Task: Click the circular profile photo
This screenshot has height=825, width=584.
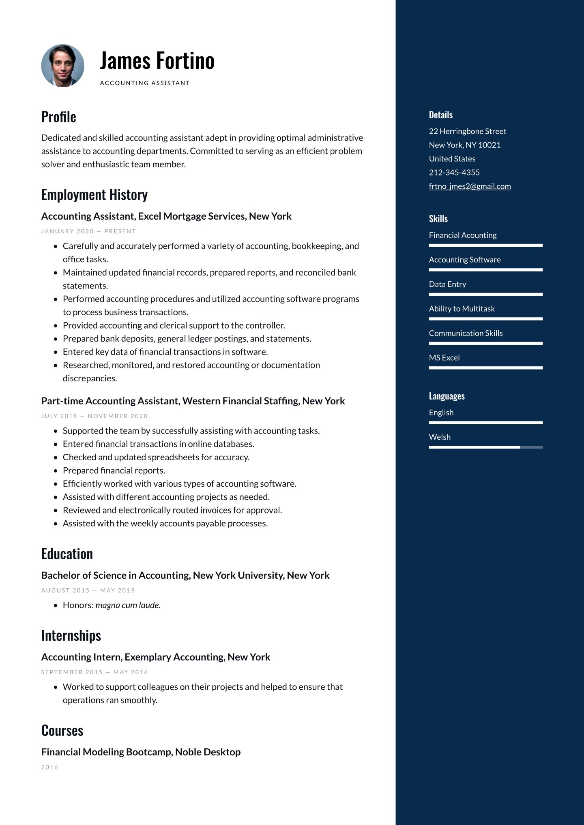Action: click(63, 66)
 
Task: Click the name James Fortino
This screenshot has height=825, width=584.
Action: click(157, 61)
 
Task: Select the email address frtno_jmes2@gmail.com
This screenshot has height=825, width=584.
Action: click(470, 186)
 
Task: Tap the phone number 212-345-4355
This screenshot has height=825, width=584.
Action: click(454, 173)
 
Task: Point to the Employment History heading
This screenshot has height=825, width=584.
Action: click(94, 195)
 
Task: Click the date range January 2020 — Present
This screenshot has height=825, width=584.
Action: click(88, 231)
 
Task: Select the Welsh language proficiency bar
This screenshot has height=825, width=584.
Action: click(485, 447)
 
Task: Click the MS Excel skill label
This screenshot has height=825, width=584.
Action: click(444, 358)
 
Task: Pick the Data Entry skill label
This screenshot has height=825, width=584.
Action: click(447, 284)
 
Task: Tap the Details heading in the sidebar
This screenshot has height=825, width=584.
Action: click(440, 115)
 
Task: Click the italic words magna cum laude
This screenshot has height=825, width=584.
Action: click(128, 605)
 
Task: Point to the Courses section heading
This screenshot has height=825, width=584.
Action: click(62, 731)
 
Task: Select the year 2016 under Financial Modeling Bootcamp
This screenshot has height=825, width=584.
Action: click(49, 767)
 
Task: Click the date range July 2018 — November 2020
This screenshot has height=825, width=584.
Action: click(94, 416)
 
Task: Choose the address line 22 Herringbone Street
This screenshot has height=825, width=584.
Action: click(467, 131)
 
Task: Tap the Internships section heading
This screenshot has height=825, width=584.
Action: click(71, 636)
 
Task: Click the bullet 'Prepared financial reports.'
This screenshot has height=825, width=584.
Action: click(114, 470)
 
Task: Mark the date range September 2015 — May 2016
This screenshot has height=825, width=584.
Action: click(94, 672)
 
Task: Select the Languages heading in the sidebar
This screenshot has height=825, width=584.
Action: click(447, 396)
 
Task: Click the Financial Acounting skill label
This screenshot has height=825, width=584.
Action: click(462, 235)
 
